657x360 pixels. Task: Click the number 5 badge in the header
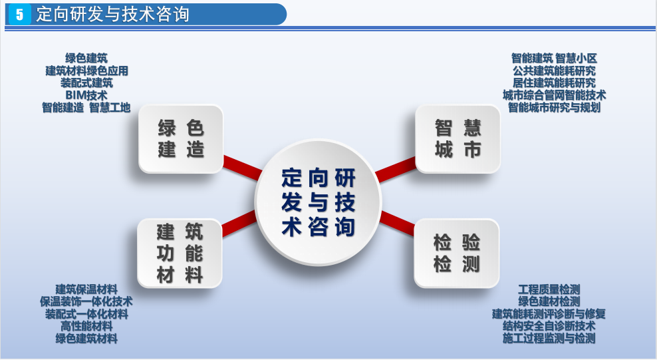20,15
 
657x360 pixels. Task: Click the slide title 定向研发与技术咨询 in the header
112,15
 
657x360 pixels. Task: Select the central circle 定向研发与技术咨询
319,202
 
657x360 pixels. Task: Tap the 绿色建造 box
181,138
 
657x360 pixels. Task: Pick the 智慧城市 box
458,138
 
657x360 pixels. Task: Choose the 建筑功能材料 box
180,254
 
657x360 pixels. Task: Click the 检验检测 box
456,254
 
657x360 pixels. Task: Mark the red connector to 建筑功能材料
239,224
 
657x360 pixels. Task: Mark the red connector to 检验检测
398,223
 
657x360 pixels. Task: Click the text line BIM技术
86,95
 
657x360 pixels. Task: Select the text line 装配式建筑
86,83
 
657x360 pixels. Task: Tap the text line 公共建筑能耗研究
554,71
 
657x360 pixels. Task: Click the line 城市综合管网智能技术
554,95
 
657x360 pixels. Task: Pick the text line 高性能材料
86,326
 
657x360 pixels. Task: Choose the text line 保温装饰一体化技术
86,301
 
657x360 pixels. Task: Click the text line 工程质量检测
549,289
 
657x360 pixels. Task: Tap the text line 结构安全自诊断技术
549,325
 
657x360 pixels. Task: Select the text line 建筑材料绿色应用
86,71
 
